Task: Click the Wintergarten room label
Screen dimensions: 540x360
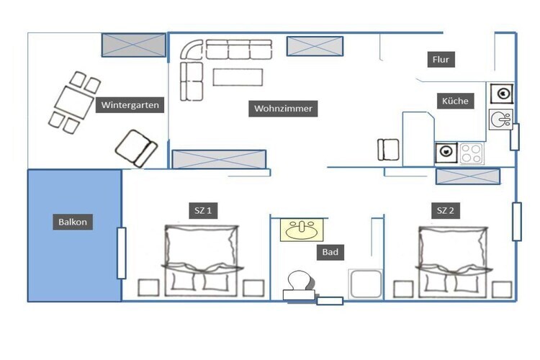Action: pos(130,105)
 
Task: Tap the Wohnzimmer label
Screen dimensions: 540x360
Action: pos(283,109)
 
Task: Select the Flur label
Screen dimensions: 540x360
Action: pos(441,60)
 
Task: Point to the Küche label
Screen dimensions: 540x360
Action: pos(455,101)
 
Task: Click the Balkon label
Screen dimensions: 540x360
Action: pos(73,222)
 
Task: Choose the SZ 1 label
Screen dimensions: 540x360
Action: pos(203,210)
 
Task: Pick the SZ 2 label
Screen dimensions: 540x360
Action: pos(445,210)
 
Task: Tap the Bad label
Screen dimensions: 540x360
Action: pos(330,252)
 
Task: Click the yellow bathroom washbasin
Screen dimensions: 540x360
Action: pos(302,230)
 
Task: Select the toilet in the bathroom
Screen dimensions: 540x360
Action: pos(299,285)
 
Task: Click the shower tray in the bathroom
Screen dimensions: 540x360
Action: pos(366,284)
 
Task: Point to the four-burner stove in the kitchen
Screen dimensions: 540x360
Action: pos(472,153)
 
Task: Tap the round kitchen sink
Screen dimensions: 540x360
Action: pos(500,120)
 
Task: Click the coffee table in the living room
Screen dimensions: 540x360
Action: pos(238,77)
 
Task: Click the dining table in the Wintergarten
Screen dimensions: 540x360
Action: pos(73,103)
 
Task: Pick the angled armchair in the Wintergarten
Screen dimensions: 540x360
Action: pos(136,148)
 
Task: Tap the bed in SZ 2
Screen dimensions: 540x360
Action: pos(452,261)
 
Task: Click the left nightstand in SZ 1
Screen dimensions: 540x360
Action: pos(148,288)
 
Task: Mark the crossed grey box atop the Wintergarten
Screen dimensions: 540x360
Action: pos(134,45)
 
